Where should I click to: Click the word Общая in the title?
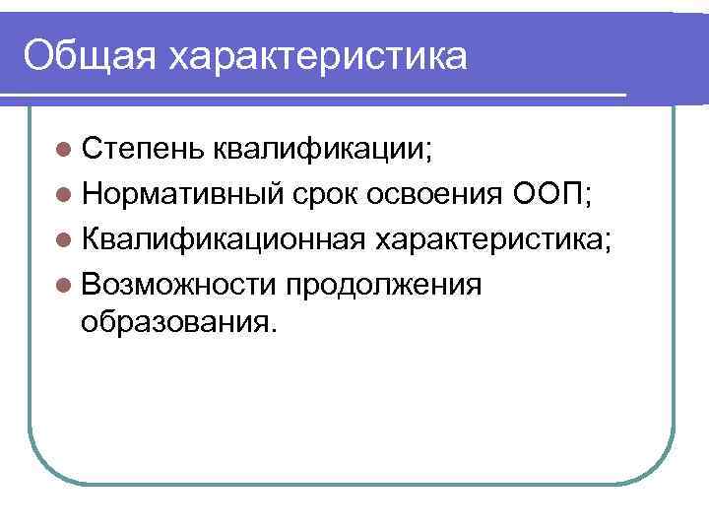(90, 55)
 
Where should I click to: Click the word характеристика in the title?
(316, 55)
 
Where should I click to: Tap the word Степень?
(142, 149)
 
